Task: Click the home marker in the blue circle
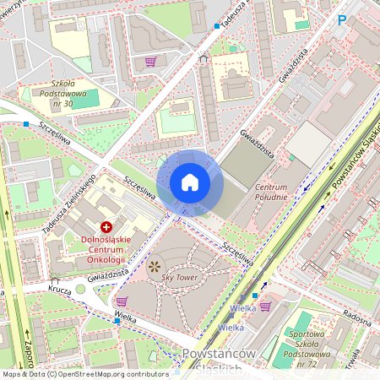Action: click(190, 182)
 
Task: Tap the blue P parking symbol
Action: click(342, 19)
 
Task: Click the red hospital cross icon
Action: click(107, 226)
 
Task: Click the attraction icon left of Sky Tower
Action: click(154, 266)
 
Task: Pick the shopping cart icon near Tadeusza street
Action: click(150, 61)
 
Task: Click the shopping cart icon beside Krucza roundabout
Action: click(121, 301)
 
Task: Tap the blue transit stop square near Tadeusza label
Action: click(217, 26)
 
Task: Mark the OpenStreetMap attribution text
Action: click(84, 373)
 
